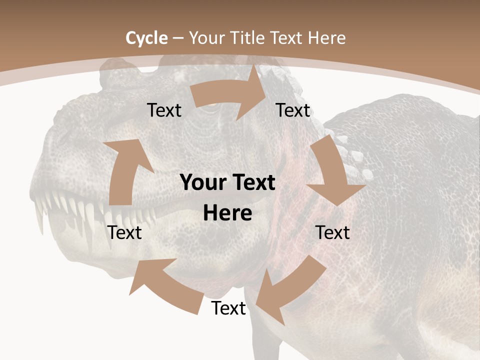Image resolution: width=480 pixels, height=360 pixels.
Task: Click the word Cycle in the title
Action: click(x=146, y=37)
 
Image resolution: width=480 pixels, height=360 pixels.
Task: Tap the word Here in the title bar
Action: click(x=327, y=37)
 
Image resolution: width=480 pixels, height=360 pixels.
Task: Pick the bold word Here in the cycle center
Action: click(x=227, y=213)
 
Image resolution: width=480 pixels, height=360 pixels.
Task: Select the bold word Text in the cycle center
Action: click(x=253, y=183)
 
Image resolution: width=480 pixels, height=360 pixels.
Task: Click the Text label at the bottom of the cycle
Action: click(x=228, y=308)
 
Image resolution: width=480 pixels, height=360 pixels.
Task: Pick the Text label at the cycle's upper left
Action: click(x=164, y=110)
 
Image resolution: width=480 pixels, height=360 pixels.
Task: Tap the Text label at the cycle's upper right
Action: click(x=293, y=110)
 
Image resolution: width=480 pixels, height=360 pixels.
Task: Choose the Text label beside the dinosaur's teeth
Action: click(x=125, y=232)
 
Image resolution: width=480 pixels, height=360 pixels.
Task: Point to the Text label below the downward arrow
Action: click(x=333, y=232)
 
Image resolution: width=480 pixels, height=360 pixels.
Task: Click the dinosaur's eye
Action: click(x=212, y=105)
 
